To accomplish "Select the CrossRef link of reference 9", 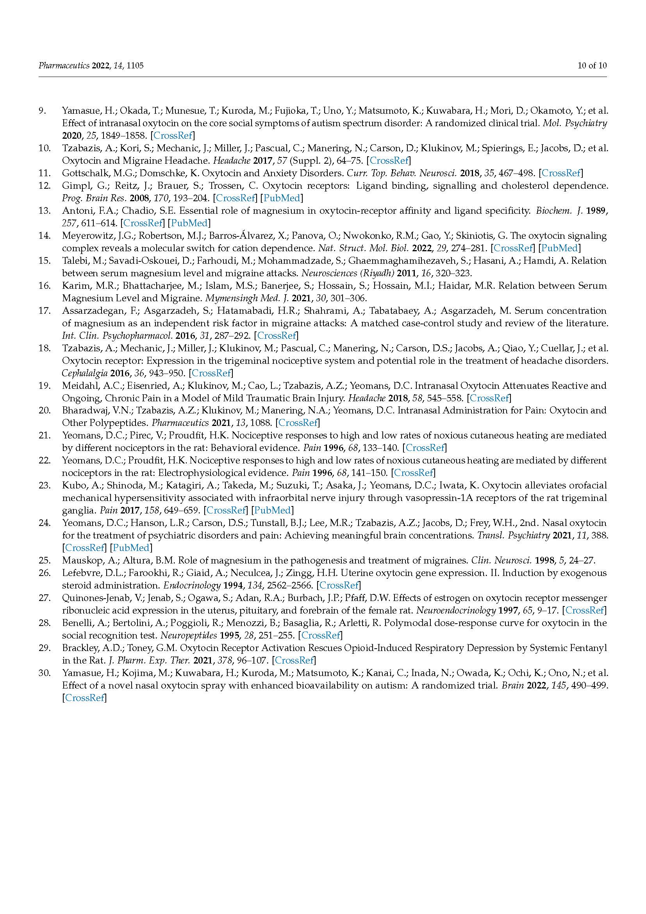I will (x=173, y=135).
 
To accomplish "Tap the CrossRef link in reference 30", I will (x=85, y=698).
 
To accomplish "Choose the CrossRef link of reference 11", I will (x=561, y=173).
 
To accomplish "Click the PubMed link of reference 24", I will (x=131, y=548).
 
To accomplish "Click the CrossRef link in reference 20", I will (x=298, y=423).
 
